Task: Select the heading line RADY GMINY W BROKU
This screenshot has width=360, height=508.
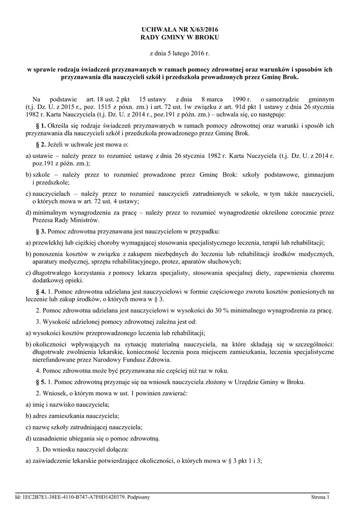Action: tap(180, 38)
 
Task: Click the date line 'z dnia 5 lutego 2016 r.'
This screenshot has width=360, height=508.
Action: tap(180, 53)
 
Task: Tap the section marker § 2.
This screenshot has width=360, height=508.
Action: tap(41, 144)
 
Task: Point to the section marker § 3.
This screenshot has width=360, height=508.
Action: tap(41, 232)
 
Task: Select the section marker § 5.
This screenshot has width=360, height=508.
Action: tap(41, 381)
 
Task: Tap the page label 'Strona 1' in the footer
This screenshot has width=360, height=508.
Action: tap(320, 497)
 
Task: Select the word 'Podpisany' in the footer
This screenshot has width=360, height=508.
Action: tap(139, 497)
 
